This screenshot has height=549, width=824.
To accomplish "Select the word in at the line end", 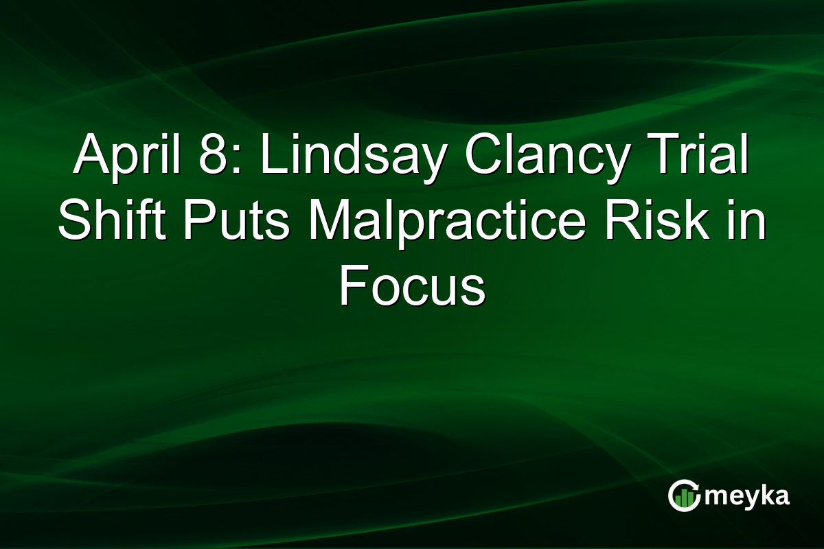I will (745, 223).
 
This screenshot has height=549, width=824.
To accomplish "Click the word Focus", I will (412, 287).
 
